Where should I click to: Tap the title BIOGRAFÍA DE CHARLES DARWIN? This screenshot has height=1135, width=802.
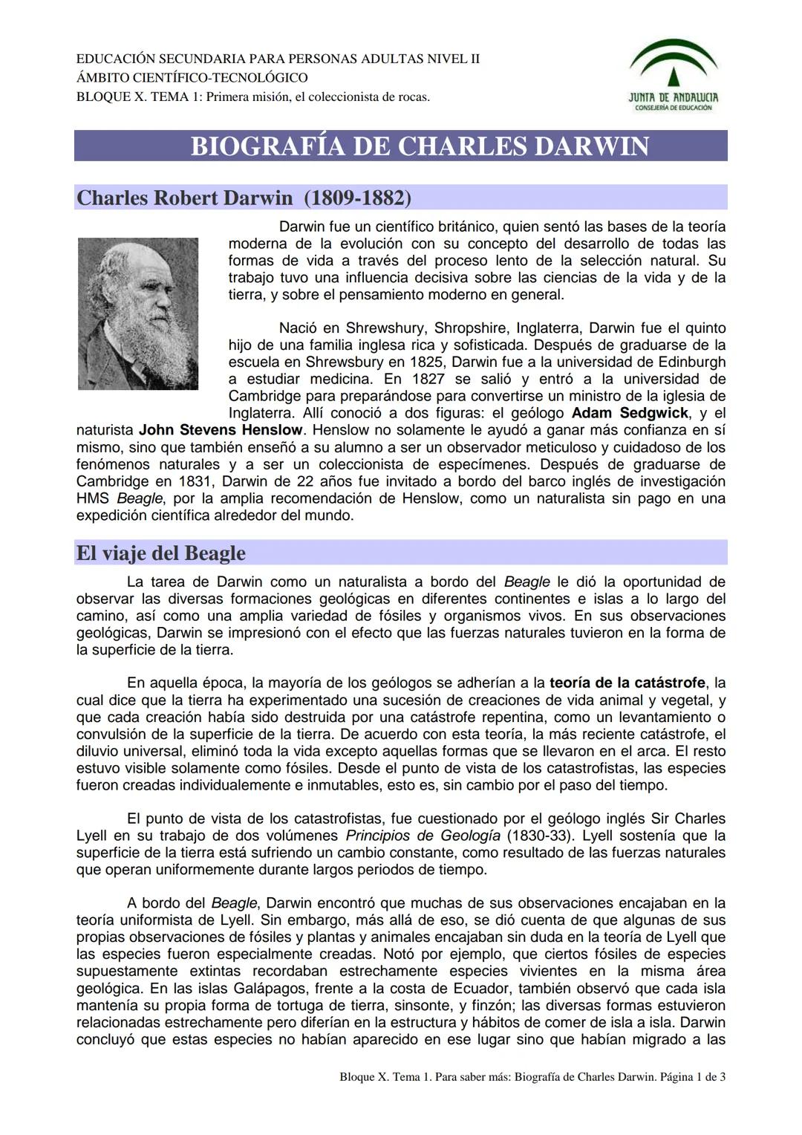click(420, 146)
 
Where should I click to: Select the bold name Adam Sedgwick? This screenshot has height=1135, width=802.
click(630, 413)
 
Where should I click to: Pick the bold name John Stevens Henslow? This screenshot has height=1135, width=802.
click(221, 430)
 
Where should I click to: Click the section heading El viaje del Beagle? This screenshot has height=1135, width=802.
click(161, 553)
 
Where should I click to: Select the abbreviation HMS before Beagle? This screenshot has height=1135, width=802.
click(94, 498)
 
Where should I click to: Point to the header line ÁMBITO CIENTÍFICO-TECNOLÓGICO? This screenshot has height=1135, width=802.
click(192, 78)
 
